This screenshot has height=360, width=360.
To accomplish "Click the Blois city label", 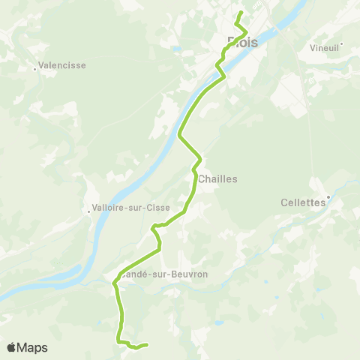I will click(x=242, y=43).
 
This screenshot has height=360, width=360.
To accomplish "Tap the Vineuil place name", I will click(x=324, y=47).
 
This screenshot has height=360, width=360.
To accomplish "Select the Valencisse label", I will click(x=61, y=65).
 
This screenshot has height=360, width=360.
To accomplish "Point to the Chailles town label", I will click(x=218, y=179).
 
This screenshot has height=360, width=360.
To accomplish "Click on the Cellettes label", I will click(x=303, y=202).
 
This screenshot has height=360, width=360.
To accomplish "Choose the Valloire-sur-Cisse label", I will click(x=130, y=208).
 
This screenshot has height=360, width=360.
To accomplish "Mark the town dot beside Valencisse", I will click(x=35, y=70).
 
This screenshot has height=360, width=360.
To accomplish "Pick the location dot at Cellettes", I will click(x=328, y=198).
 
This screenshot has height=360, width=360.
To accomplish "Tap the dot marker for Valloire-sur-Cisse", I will click(x=89, y=212).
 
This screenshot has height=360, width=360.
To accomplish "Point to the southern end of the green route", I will click(x=145, y=345).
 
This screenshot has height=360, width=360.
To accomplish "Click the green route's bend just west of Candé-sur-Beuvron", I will click(x=114, y=283).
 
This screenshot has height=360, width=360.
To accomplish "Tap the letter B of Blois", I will click(x=231, y=43).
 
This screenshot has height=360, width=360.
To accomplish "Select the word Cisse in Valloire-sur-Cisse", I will click(x=159, y=208).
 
